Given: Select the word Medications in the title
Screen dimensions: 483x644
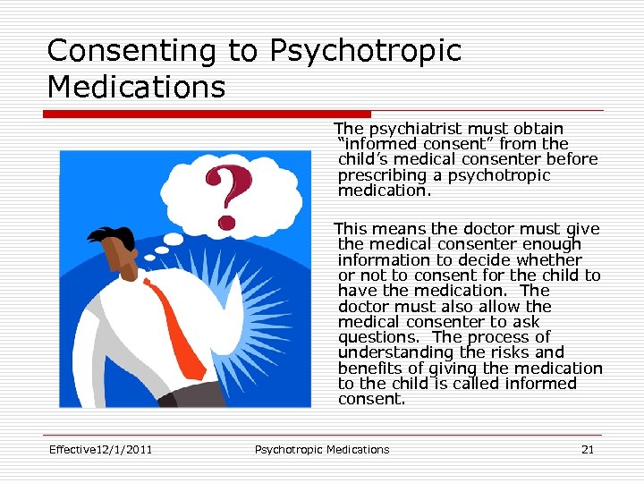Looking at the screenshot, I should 136,88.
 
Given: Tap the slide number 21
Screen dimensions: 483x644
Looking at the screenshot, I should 588,450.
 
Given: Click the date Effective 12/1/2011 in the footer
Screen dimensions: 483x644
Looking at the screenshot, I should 99,450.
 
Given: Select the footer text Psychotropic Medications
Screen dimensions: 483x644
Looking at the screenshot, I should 322,450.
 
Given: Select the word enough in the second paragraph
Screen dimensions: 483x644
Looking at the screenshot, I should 551,244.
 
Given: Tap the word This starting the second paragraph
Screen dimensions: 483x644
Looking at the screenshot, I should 350,229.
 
